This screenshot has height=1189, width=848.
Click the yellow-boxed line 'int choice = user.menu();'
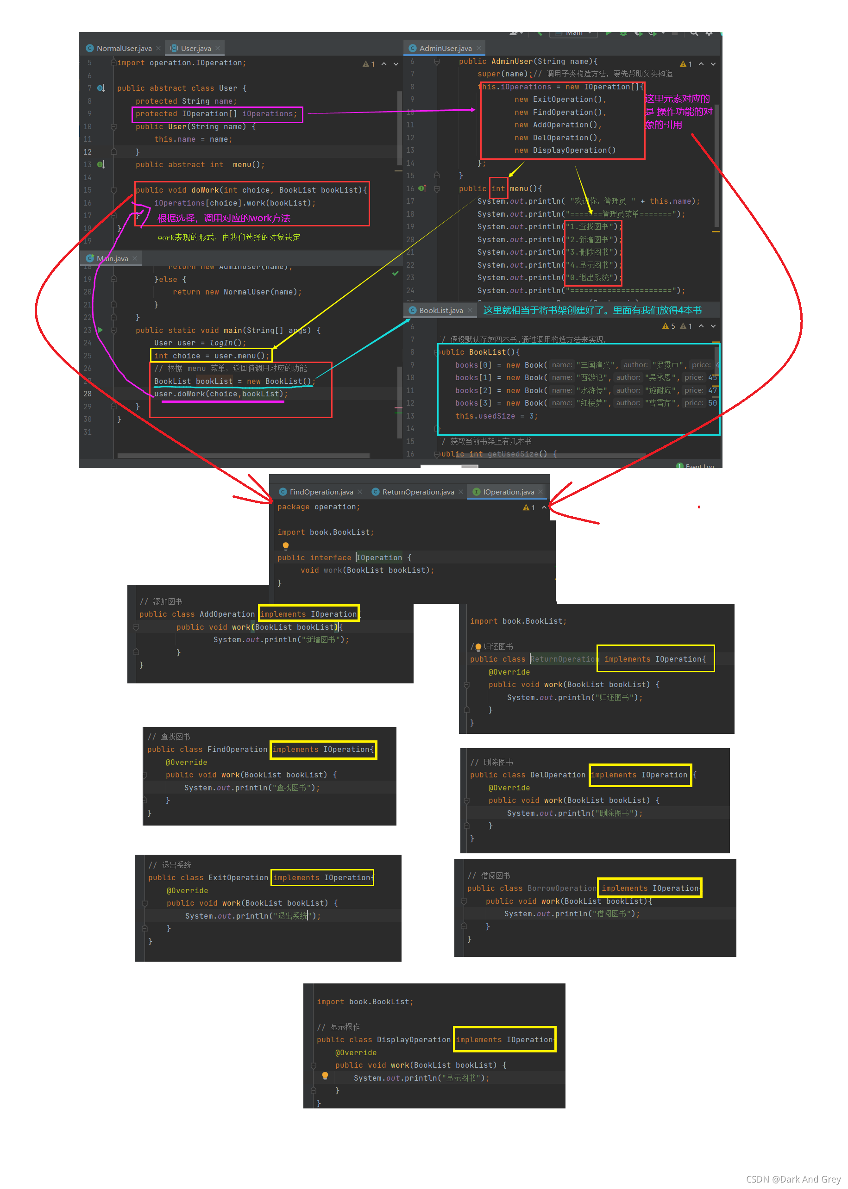[x=212, y=356]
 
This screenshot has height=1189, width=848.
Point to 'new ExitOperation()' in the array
[x=560, y=100]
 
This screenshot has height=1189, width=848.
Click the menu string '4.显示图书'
[x=593, y=265]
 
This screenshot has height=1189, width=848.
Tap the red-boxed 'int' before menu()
[x=498, y=188]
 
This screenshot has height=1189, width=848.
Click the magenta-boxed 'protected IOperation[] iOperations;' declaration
[x=216, y=114]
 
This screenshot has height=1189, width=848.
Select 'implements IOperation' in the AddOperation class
[x=308, y=614]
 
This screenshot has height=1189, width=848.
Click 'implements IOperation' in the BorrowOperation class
[x=649, y=889]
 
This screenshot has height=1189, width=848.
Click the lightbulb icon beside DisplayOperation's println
[x=325, y=1076]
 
